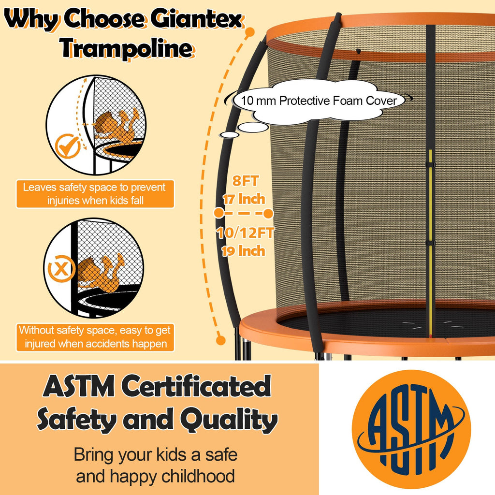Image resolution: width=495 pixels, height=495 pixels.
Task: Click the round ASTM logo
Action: click(x=411, y=429)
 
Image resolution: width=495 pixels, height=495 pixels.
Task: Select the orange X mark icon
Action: click(x=60, y=269)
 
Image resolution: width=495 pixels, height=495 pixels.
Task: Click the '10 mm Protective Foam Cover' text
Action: click(x=320, y=101)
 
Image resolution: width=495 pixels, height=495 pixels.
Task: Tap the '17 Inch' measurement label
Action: click(x=244, y=199)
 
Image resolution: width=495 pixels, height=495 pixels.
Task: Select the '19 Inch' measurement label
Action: click(x=244, y=251)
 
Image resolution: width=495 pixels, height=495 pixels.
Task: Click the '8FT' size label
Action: click(x=246, y=182)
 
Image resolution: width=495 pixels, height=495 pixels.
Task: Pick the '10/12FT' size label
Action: click(x=245, y=233)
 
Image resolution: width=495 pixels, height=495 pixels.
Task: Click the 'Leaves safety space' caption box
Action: click(x=95, y=193)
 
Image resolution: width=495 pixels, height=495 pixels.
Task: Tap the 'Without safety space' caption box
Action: click(x=95, y=337)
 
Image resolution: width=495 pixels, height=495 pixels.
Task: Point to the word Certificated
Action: click(x=196, y=388)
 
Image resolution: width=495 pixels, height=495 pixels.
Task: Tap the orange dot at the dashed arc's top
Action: click(x=250, y=33)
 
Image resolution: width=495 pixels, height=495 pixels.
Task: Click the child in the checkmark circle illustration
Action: click(x=116, y=127)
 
